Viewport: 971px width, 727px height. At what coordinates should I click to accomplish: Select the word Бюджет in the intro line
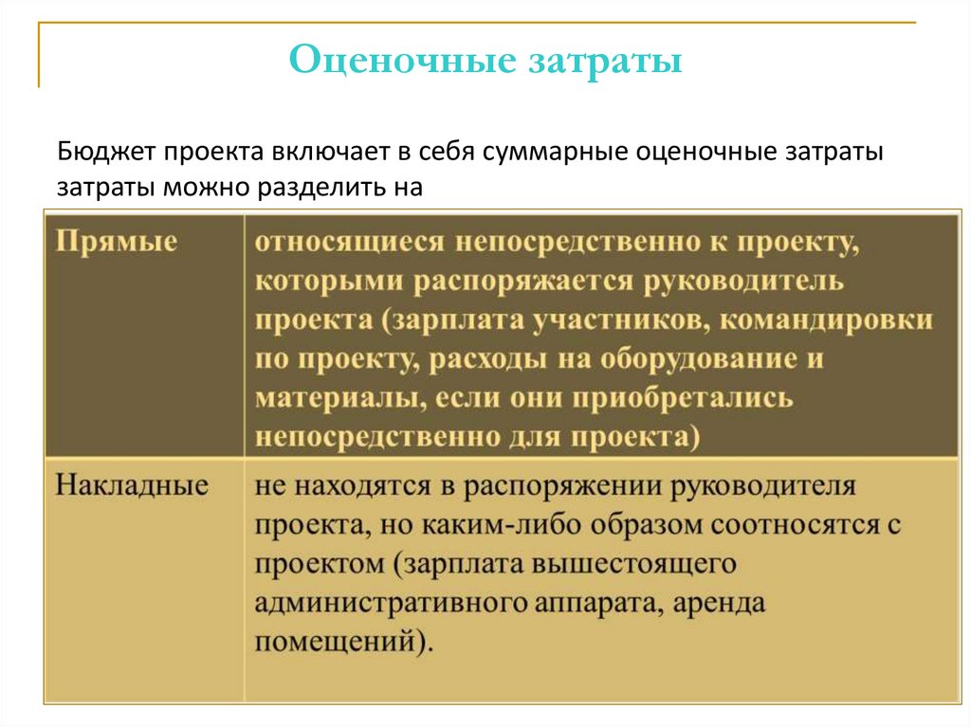coord(103,151)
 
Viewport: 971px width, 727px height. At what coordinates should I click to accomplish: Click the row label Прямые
coord(117,241)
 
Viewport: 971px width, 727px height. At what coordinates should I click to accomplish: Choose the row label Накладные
coord(132,486)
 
